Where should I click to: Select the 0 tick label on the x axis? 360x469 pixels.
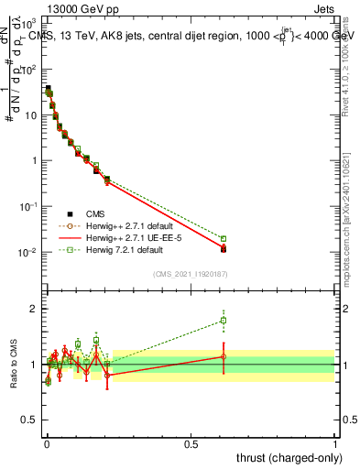coord(47,443)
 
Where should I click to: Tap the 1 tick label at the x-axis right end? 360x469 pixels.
coord(335,443)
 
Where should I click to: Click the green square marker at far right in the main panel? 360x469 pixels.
coord(224,238)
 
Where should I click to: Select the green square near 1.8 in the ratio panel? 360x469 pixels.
coord(224,321)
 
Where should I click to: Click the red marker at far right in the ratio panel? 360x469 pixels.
coord(224,356)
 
